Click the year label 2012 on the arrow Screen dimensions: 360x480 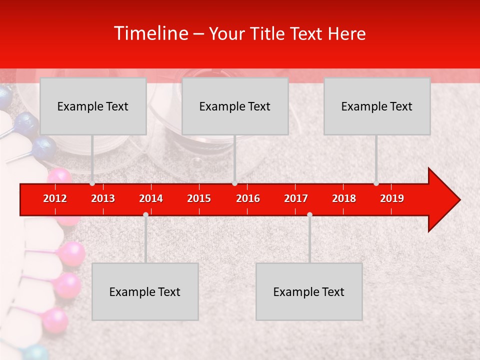[x=55, y=198]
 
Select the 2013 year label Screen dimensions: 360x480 [x=103, y=198]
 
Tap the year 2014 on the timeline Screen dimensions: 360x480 [x=151, y=198]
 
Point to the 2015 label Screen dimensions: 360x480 [x=199, y=198]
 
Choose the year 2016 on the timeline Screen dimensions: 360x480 [x=248, y=198]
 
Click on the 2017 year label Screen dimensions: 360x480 [x=296, y=198]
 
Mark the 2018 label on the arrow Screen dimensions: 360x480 [x=344, y=198]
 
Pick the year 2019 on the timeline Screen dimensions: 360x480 [x=392, y=198]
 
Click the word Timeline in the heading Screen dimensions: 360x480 [x=150, y=33]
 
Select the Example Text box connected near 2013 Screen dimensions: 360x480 [x=93, y=106]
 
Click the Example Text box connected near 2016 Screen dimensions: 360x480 [x=235, y=106]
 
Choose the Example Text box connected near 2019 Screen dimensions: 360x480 [x=377, y=106]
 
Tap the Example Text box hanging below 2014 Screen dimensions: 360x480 [x=145, y=291]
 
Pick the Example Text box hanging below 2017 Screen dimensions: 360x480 [x=309, y=291]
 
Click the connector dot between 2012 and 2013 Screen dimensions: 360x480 [x=92, y=183]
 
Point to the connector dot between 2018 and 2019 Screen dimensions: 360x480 [x=376, y=183]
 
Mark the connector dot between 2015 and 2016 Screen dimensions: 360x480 [x=234, y=183]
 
